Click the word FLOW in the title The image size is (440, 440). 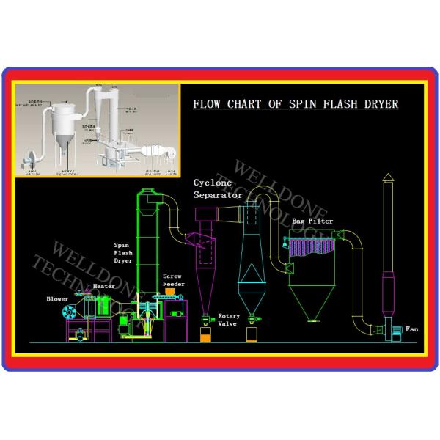(207, 104)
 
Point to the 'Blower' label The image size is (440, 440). (56, 299)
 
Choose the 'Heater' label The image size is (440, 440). (103, 287)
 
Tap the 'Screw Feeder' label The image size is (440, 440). (173, 280)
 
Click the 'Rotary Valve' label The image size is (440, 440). (228, 320)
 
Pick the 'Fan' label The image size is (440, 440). (411, 329)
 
